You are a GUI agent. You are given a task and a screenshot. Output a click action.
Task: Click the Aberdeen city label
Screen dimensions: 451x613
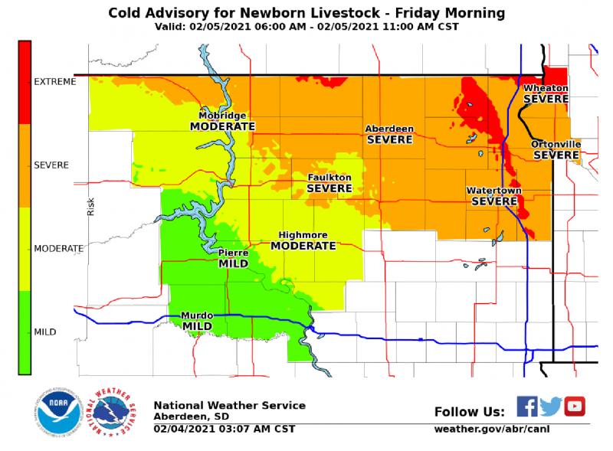pos(389,129)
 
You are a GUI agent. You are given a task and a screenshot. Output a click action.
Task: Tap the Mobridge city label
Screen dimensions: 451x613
pos(223,116)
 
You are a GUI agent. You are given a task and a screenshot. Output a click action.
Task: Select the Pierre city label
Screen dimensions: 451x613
pos(233,252)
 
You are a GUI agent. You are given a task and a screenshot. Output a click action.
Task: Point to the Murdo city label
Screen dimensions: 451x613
pos(197,315)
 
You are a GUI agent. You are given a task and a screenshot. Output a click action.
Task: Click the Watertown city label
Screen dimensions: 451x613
pos(493,190)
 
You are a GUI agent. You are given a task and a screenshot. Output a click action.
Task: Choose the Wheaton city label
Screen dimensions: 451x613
pos(546,88)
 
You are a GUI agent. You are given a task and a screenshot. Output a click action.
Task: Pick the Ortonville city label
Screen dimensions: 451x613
pos(556,144)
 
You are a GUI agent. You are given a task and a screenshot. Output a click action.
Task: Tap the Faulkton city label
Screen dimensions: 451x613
pos(329,177)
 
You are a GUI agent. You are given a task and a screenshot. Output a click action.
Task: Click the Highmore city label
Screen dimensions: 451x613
pos(303,235)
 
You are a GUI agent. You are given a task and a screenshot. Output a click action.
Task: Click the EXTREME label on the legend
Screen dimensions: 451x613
pos(55,82)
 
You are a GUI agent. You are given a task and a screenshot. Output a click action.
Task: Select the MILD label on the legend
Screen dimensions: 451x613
pos(45,332)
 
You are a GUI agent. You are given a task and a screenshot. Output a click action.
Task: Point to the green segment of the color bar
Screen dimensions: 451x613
pos(25,332)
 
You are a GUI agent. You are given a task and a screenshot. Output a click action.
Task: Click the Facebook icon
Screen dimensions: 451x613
pos(526,406)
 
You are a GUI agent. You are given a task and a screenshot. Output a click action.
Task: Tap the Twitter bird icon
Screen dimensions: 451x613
pos(550,406)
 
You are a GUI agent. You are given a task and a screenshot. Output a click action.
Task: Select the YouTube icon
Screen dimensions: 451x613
pos(575,406)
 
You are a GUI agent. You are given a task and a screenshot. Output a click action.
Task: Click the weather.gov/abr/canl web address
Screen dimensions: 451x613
pos(491,429)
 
